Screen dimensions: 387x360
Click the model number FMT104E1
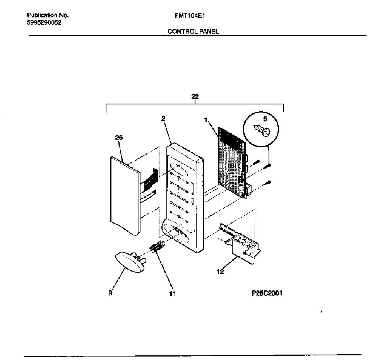click(190, 16)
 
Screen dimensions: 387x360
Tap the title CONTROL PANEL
click(193, 31)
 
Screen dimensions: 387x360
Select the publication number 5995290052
click(44, 23)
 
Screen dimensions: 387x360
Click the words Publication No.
click(48, 15)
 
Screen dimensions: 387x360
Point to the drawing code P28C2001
click(267, 293)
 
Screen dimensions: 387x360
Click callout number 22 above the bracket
click(195, 97)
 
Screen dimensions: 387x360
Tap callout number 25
click(119, 138)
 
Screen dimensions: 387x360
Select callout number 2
click(163, 119)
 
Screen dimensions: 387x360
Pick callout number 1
click(205, 120)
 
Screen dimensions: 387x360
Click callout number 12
click(220, 271)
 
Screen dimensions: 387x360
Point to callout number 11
click(173, 293)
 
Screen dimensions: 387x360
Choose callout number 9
click(110, 293)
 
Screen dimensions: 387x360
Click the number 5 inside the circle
click(265, 119)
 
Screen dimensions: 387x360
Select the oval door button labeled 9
click(130, 262)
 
